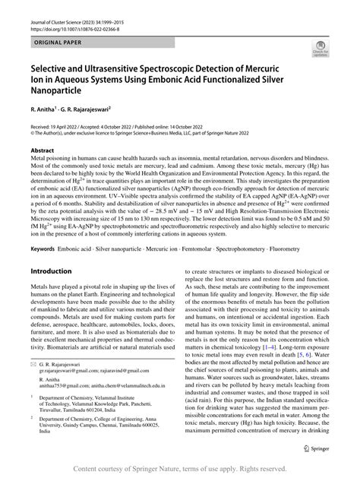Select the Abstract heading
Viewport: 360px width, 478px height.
pyautogui.click(x=42, y=151)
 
